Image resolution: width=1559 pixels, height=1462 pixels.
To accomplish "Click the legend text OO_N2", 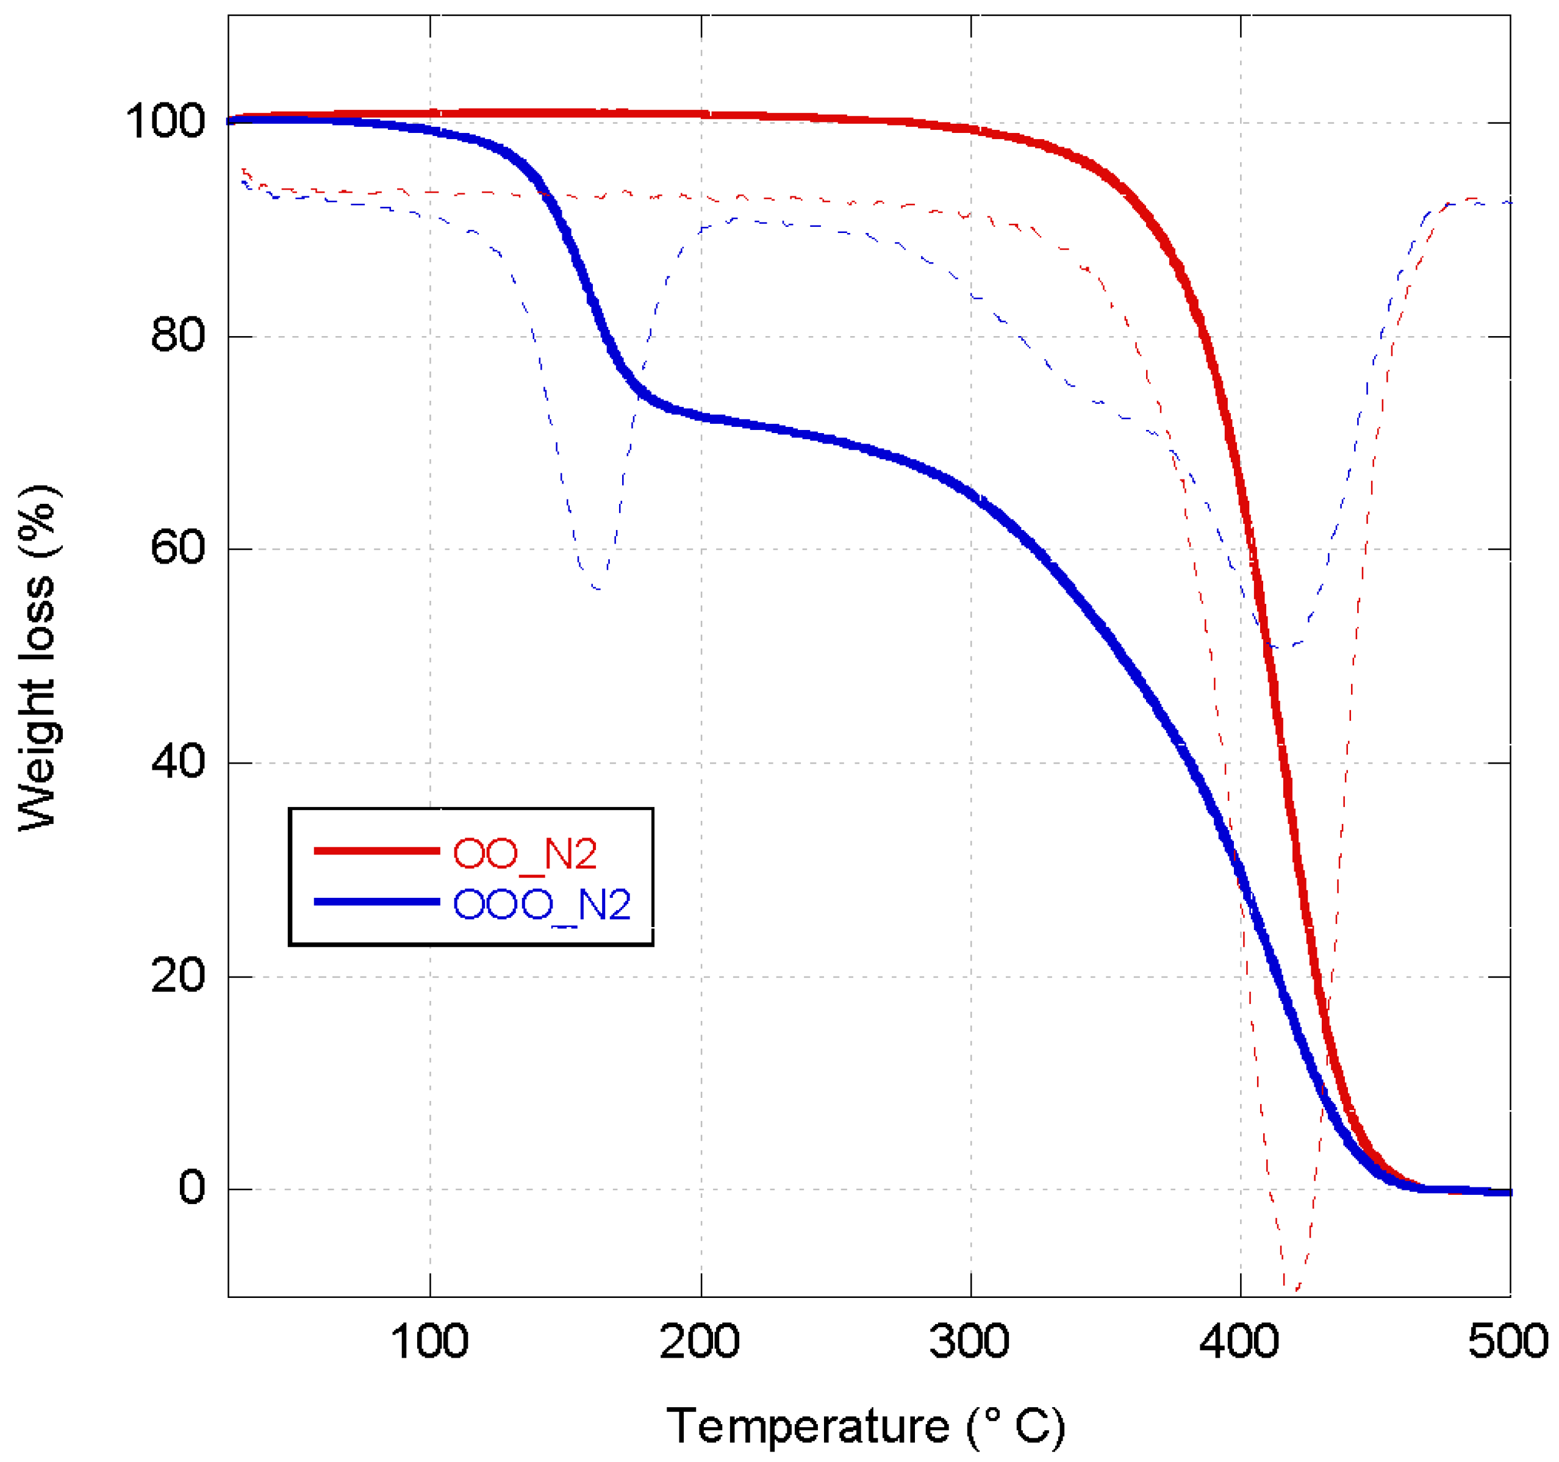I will click(x=525, y=853).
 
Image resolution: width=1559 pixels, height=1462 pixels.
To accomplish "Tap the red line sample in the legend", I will click(x=376, y=850).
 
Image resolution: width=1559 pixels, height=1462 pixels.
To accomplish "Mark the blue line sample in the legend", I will click(x=376, y=902).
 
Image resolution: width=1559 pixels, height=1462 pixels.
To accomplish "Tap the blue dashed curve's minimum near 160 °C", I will click(x=598, y=587).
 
